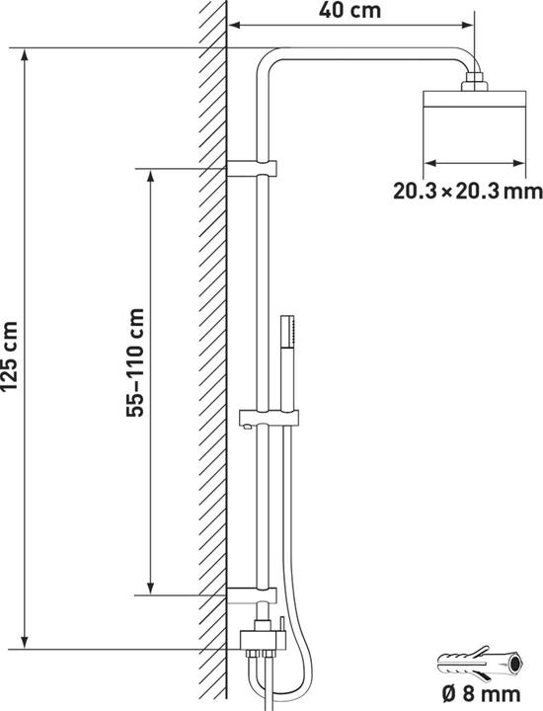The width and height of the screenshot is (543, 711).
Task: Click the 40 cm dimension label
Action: (x=349, y=10)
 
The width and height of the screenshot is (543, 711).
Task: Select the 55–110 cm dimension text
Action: (x=135, y=362)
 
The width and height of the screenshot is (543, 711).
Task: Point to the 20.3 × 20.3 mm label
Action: (x=467, y=191)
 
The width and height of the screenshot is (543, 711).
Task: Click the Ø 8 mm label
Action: (x=481, y=694)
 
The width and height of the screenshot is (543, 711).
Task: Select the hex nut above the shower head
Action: (x=475, y=81)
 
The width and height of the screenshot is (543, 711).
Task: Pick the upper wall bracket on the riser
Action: (x=252, y=168)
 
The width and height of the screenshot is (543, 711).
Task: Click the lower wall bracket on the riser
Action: (x=252, y=594)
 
